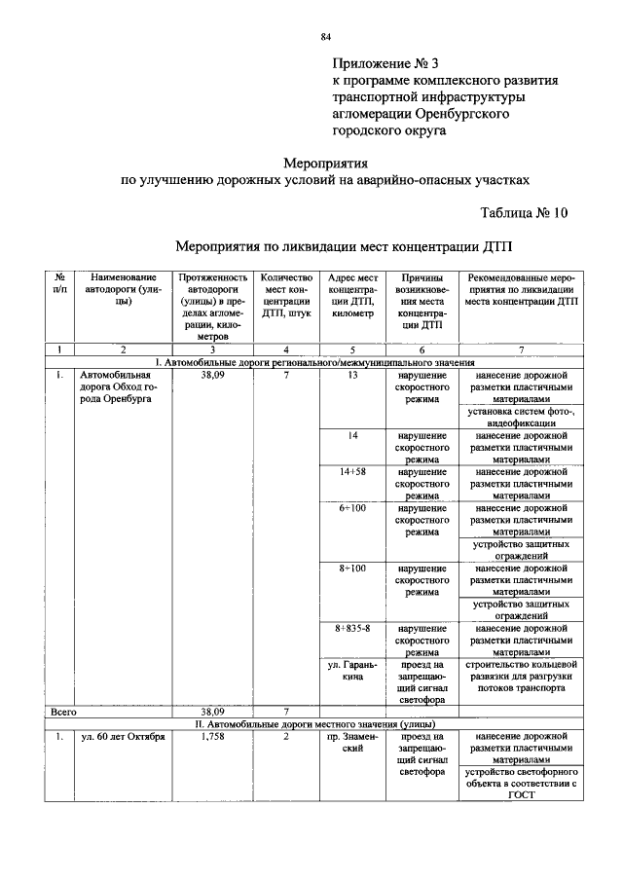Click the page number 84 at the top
pyautogui.click(x=326, y=38)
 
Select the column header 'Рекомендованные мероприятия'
pyautogui.click(x=521, y=289)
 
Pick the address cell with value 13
pyautogui.click(x=353, y=375)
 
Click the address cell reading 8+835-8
pyautogui.click(x=353, y=629)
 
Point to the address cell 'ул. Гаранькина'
pyautogui.click(x=353, y=671)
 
